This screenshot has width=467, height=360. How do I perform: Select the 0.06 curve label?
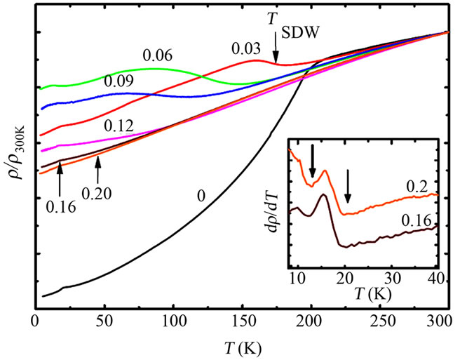(157, 55)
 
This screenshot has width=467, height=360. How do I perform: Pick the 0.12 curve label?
(119, 126)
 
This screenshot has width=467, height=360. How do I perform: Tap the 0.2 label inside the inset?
(418, 186)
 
